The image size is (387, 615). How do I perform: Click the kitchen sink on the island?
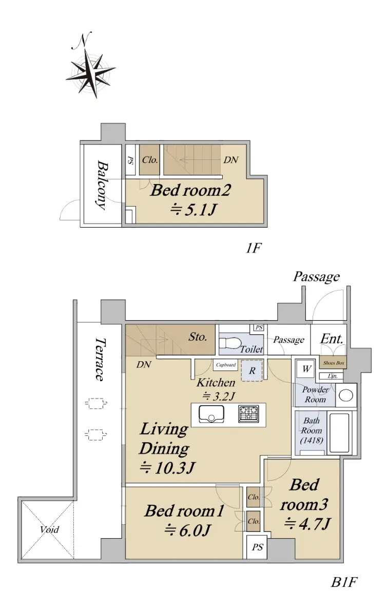pos(211,414)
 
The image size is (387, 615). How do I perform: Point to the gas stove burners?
pos(248,414)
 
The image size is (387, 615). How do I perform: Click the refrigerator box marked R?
pos(251,371)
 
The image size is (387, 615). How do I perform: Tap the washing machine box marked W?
pos(306,370)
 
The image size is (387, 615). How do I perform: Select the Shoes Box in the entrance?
pos(333,363)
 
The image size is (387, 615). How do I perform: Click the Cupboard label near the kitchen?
pos(225,365)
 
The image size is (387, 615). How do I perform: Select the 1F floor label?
pos(253,249)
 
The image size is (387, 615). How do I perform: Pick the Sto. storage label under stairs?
pos(198,337)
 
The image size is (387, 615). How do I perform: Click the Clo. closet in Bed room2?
pos(149,160)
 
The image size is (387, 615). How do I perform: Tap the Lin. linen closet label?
pos(332,376)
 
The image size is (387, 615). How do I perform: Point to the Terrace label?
pos(101,359)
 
